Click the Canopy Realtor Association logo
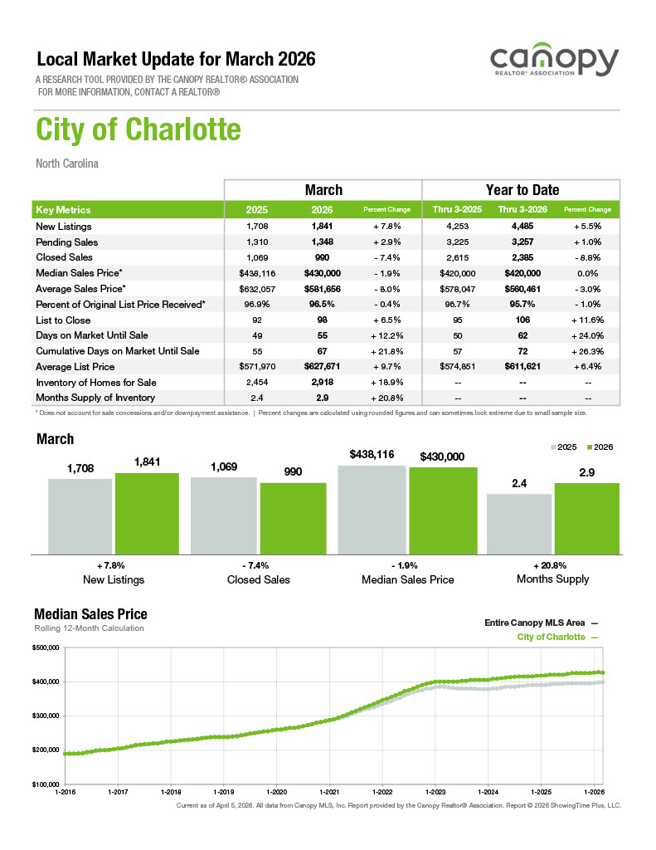click(x=554, y=62)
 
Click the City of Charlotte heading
click(x=138, y=129)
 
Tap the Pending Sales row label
click(x=67, y=242)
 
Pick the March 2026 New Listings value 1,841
click(x=322, y=227)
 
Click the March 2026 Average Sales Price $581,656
click(x=322, y=289)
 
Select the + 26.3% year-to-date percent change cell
click(x=587, y=351)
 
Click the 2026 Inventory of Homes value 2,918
click(x=322, y=383)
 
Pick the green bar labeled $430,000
click(x=443, y=510)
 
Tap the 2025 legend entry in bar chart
click(x=563, y=447)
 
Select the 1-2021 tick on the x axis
click(x=329, y=793)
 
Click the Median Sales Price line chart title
click(x=90, y=614)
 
